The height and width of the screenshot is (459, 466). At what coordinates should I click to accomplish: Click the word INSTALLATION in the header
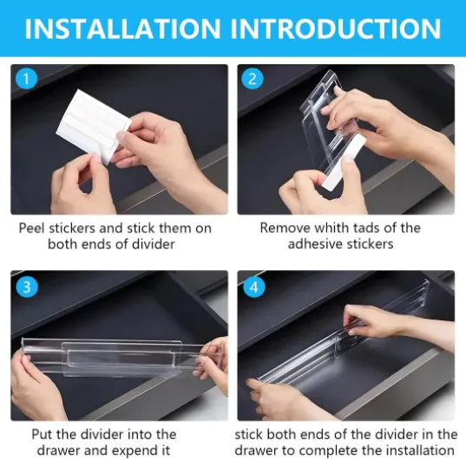[x=122, y=29]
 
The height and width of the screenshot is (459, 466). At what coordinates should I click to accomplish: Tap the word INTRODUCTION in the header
[x=336, y=29]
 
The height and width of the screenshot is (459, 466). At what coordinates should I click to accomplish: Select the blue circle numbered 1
[x=26, y=79]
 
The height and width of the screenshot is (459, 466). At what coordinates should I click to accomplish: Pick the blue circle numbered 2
[x=253, y=79]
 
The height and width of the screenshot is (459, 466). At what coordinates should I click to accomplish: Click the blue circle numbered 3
[x=27, y=287]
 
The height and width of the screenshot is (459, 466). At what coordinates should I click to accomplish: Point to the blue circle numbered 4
[x=254, y=287]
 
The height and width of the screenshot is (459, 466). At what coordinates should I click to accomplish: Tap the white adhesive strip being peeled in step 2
[x=344, y=161]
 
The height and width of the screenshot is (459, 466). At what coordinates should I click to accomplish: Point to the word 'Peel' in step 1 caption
[x=32, y=228]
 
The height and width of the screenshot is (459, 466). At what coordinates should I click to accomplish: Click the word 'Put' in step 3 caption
[x=43, y=435]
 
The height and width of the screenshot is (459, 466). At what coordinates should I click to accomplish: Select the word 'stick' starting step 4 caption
[x=249, y=435]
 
